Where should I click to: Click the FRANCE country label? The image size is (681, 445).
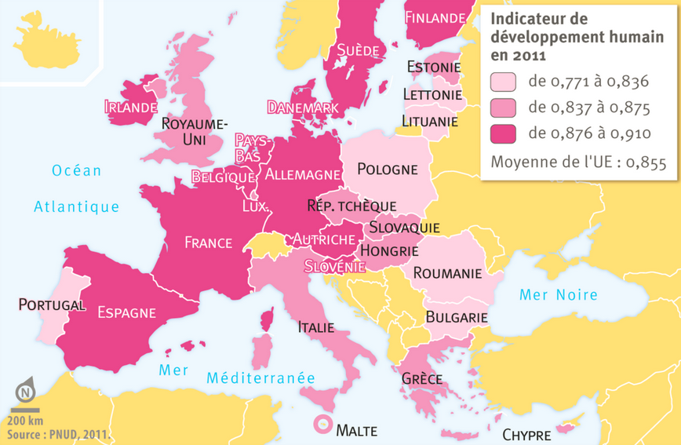(x=208, y=243)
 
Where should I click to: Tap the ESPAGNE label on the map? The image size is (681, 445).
(x=126, y=312)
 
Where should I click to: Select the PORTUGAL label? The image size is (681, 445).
(x=52, y=305)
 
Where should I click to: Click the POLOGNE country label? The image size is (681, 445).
(x=387, y=169)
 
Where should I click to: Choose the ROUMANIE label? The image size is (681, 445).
(x=446, y=273)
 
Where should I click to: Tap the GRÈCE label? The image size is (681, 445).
(x=421, y=378)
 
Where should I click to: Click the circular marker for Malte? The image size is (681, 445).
(x=322, y=425)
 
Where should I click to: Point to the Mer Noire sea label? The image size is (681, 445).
(x=559, y=295)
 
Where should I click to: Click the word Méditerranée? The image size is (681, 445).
(x=260, y=378)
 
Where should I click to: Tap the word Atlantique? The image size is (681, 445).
(x=77, y=207)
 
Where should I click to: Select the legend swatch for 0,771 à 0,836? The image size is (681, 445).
(x=503, y=82)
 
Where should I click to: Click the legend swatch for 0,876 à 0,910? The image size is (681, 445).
(x=503, y=133)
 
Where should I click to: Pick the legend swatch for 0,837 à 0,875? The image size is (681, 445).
(x=503, y=108)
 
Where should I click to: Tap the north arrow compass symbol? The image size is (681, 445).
(x=26, y=390)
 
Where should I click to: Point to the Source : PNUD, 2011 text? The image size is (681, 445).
(x=58, y=433)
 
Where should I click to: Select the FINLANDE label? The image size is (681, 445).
(x=435, y=17)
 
